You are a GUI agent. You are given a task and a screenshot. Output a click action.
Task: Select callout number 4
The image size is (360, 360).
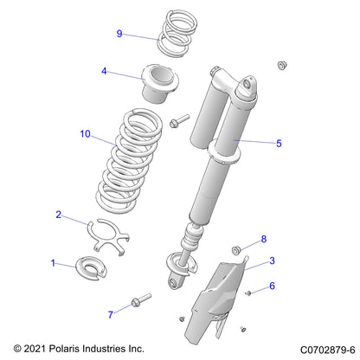click(105, 72)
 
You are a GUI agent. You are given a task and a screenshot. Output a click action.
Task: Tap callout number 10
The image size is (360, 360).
click(84, 134)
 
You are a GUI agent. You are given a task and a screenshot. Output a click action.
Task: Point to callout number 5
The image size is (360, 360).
click(278, 144)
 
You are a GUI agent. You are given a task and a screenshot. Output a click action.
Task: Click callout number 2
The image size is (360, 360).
click(58, 214)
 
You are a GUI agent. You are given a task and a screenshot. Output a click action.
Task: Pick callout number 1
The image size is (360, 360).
click(53, 262)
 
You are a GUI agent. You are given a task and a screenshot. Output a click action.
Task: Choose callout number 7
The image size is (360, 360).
click(110, 314)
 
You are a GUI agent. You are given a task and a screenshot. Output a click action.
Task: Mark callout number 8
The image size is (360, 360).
click(264, 238)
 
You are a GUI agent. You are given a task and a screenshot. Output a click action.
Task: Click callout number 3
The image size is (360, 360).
click(272, 260)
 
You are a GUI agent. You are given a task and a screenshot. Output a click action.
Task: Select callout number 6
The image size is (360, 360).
click(272, 286)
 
